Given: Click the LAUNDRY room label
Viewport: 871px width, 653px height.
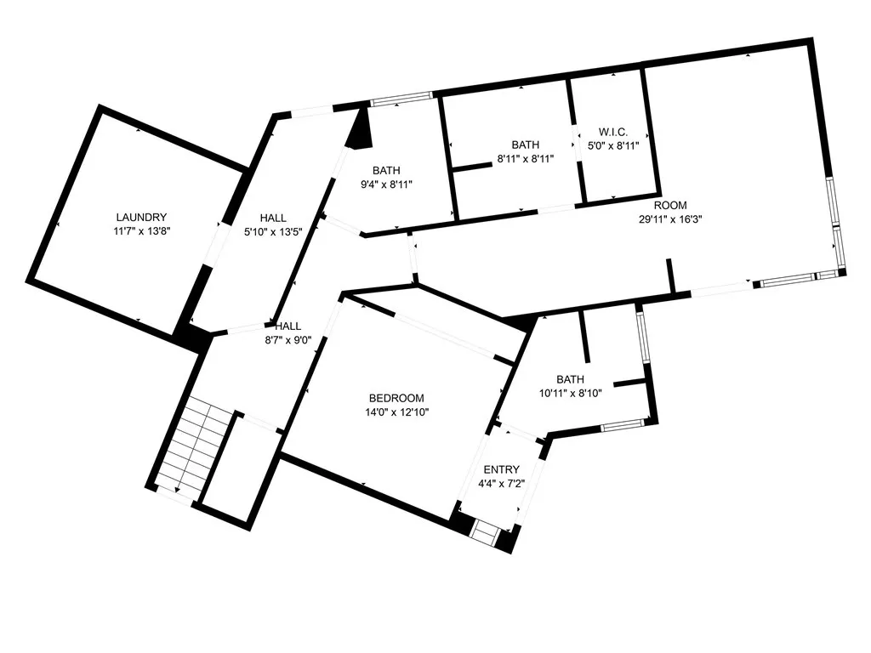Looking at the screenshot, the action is click(141, 217).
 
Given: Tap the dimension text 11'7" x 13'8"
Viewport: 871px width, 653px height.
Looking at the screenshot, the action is click(141, 231).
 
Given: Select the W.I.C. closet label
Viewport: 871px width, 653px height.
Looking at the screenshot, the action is click(613, 132).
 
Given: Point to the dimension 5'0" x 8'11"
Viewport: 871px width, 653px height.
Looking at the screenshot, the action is click(613, 145).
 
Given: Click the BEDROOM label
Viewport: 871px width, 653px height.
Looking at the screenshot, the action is click(396, 398).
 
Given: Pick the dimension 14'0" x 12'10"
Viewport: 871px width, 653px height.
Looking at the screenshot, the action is click(396, 412).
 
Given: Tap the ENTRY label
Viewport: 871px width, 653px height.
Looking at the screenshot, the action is click(502, 469).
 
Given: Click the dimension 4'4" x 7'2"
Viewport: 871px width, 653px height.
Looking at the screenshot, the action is click(502, 484).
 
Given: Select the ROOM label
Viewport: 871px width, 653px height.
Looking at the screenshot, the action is click(670, 206).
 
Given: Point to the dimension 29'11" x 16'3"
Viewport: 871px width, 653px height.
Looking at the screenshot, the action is click(670, 219).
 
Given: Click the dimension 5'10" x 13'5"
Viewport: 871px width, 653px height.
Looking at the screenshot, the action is click(273, 232).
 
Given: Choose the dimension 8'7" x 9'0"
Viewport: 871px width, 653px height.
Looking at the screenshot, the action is click(287, 340).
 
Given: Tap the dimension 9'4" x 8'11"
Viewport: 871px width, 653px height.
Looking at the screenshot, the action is click(386, 185).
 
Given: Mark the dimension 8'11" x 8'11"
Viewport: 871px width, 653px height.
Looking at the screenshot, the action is click(526, 159).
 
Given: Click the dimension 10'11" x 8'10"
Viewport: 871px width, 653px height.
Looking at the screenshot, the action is click(571, 393).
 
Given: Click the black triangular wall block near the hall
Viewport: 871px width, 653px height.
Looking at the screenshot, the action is click(360, 129).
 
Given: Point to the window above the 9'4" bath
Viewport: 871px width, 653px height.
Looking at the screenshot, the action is click(401, 99).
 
